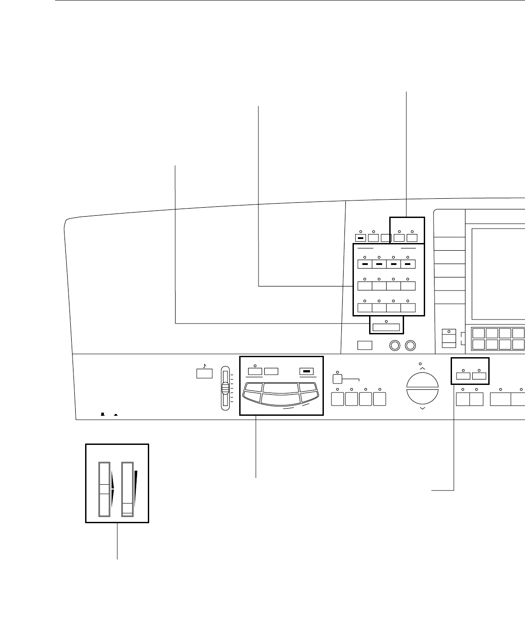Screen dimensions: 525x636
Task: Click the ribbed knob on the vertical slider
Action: pos(225,388)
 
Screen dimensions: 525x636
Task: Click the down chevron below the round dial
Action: pos(422,408)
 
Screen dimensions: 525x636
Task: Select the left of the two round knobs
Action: pos(396,345)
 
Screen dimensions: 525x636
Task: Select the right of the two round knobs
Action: pos(410,345)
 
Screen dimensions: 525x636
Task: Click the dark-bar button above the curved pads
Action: pos(306,371)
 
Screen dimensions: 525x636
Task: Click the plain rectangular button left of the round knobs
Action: pos(365,345)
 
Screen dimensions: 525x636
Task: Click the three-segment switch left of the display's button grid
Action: pos(449,338)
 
